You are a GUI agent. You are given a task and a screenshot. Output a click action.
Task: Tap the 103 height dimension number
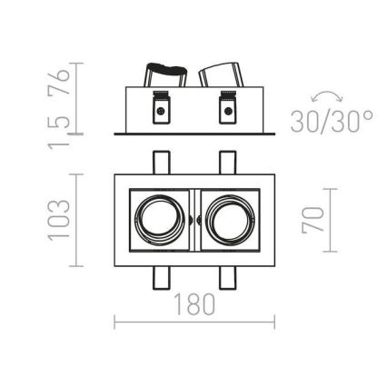coord(59,221)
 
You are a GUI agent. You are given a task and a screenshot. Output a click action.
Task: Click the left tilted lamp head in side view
coord(164,76)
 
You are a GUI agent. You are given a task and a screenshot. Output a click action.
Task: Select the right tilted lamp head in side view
coord(222,76)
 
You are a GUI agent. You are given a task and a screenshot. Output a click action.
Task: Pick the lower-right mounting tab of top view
coord(225,278)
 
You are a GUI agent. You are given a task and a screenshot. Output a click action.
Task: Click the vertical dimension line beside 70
coord(328,221)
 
